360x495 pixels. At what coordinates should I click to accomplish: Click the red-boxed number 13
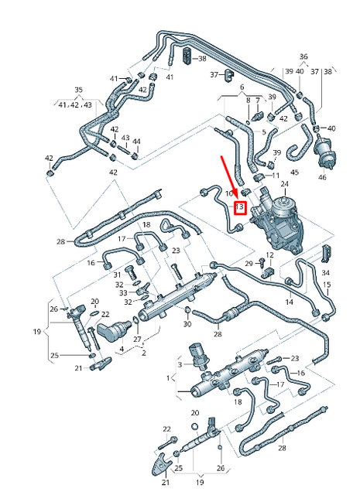coord(240,207)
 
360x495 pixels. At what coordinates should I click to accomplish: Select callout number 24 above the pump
coord(284,183)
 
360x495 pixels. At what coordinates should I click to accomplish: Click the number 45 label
coord(294,172)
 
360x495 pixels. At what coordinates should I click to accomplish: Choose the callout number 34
coord(325,273)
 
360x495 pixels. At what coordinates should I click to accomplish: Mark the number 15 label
coord(327,285)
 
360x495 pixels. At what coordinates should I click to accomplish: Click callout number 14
coord(289,301)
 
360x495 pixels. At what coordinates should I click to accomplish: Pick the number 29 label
coord(249,265)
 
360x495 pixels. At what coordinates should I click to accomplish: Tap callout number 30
coord(187,323)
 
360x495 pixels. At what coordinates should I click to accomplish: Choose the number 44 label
coord(136,141)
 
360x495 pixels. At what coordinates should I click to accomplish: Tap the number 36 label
coord(303,56)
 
